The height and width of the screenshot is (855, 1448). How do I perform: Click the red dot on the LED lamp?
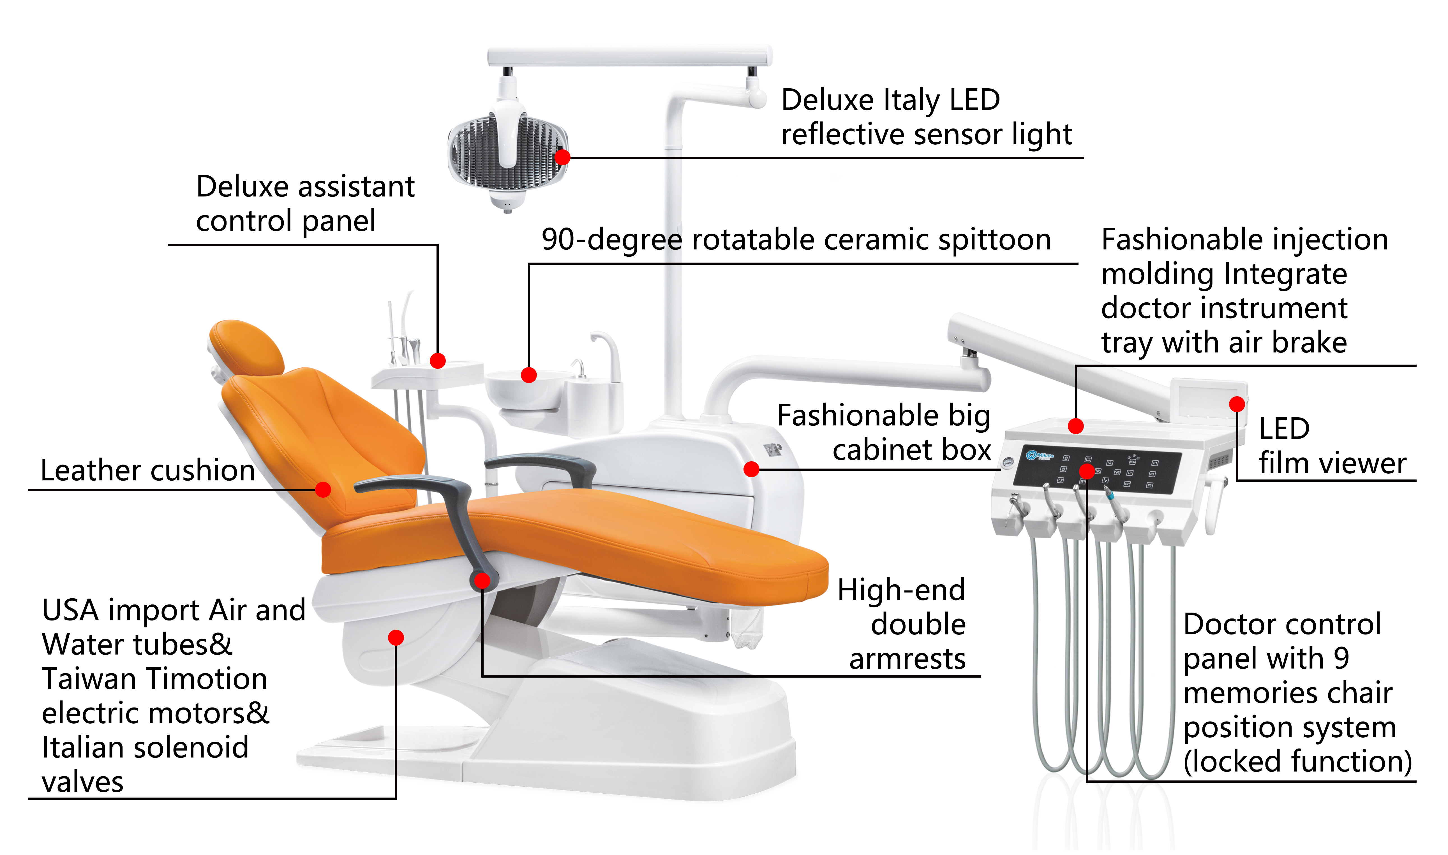point(562,157)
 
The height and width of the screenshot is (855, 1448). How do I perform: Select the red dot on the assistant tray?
point(438,361)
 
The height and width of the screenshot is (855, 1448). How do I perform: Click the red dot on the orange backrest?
point(323,489)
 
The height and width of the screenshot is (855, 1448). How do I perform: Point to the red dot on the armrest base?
point(483,581)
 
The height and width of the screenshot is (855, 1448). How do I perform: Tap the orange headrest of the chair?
point(247,346)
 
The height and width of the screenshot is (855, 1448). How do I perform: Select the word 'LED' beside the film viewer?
point(1284,429)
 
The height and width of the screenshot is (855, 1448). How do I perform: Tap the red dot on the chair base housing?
point(396,637)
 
